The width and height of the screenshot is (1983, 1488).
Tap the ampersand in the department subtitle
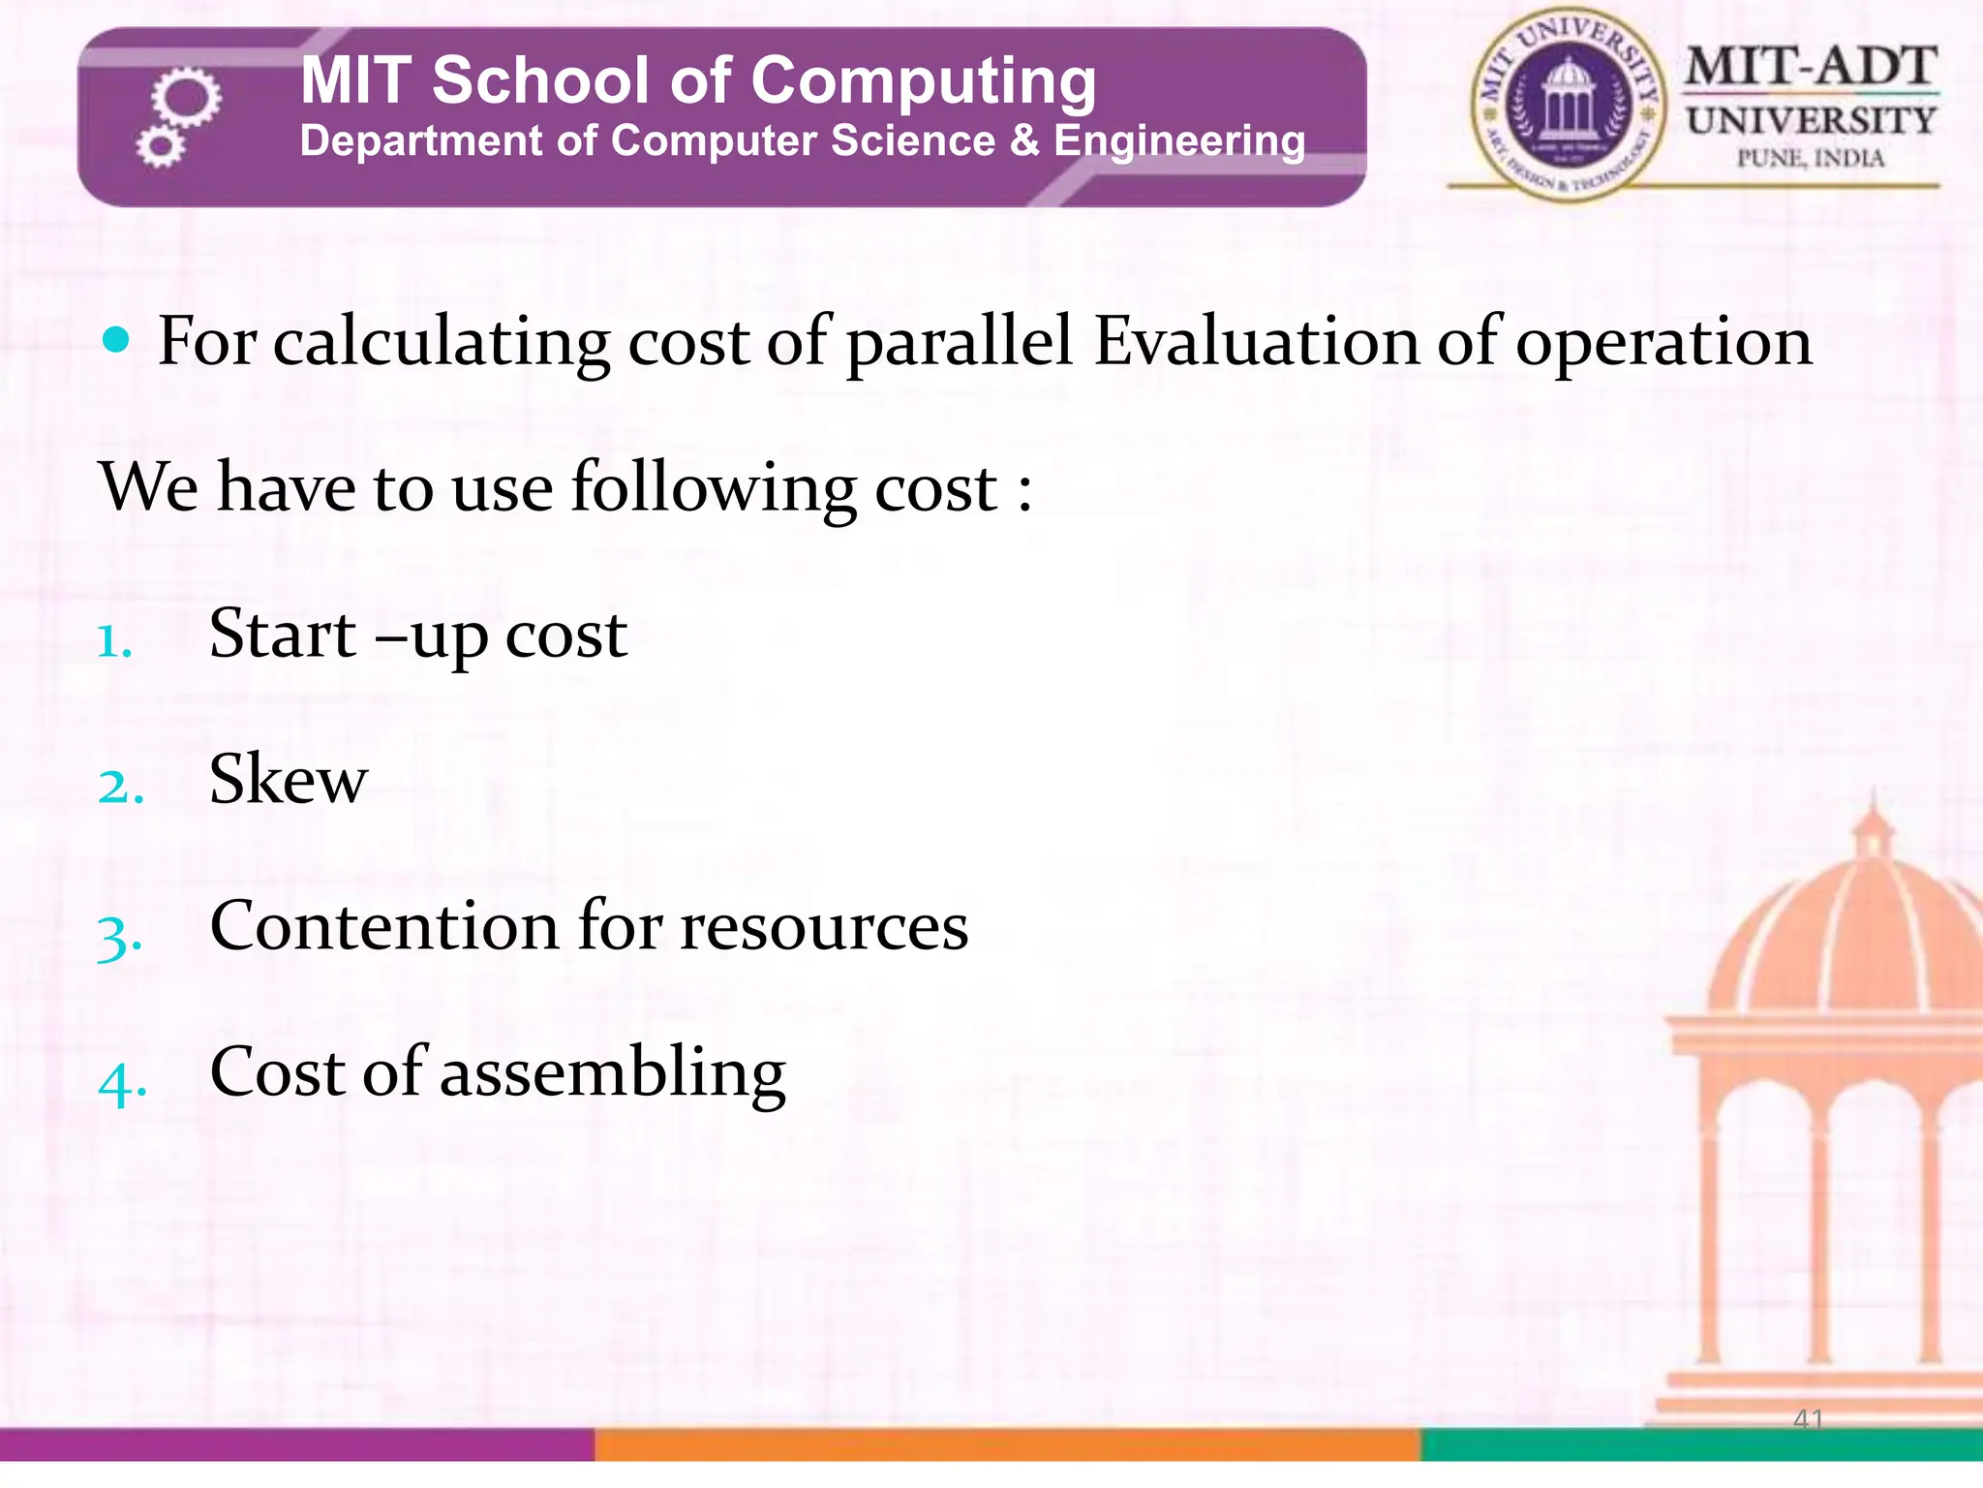pyautogui.click(x=1024, y=140)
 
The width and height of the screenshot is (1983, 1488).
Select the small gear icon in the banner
pyautogui.click(x=160, y=147)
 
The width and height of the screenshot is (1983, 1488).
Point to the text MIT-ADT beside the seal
pyautogui.click(x=1811, y=67)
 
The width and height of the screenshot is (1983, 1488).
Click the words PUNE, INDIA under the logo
pyautogui.click(x=1811, y=159)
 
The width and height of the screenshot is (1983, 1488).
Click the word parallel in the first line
pyautogui.click(x=959, y=343)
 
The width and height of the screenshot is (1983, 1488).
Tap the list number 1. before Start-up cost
pyautogui.click(x=114, y=640)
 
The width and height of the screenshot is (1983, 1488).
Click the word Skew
pyautogui.click(x=289, y=779)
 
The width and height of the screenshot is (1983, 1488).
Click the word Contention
pyautogui.click(x=384, y=926)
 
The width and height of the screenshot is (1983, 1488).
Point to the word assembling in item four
pyautogui.click(x=613, y=1073)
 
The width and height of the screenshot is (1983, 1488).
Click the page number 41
pyautogui.click(x=1808, y=1418)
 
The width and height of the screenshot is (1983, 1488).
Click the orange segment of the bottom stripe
pyautogui.click(x=1007, y=1444)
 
